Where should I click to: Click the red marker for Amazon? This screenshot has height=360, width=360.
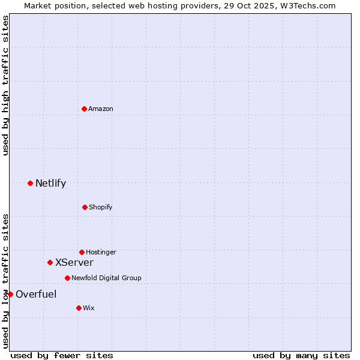84,109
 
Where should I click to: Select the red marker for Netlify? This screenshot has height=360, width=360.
30,183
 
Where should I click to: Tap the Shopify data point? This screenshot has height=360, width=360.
85,207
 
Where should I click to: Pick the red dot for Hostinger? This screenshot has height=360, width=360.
82,252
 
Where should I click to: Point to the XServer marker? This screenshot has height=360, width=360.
50,262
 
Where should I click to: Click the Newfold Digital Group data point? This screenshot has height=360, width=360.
67,278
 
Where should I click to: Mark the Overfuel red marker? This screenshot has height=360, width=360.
10,294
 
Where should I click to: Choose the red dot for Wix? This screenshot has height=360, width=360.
79,308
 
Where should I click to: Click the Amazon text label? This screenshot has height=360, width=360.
101,109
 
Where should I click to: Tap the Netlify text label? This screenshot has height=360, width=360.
50,184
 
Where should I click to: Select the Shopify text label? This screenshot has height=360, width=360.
101,208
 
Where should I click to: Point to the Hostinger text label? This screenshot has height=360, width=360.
101,253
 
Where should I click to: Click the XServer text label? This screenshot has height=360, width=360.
74,263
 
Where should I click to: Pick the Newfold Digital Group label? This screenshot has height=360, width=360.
106,278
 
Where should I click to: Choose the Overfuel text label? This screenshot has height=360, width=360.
36,294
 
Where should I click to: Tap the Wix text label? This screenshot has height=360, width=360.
89,308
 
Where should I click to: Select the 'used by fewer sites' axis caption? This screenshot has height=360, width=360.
62,355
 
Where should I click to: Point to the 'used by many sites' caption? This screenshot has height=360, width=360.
301,355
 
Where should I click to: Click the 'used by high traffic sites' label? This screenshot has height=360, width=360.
5,85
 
